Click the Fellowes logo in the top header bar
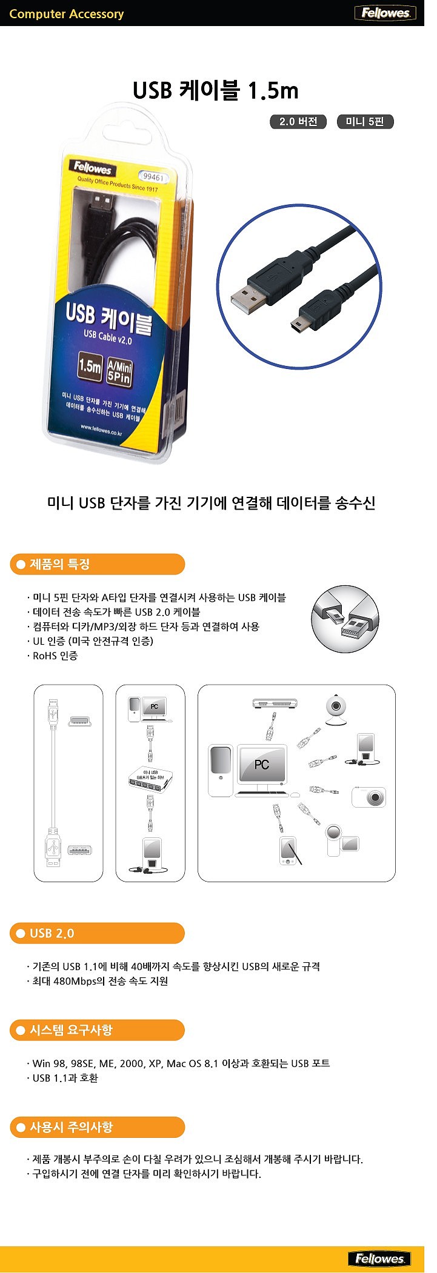coord(385,13)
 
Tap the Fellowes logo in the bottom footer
coord(379,1258)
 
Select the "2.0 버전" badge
coord(298,122)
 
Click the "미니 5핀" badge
coord(365,122)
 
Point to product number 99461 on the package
coord(152,177)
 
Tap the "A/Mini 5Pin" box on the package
coord(119,372)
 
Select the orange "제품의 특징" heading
coord(97,564)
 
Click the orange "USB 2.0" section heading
coord(97,933)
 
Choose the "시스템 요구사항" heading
coord(97,1030)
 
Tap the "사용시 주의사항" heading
coord(97,1128)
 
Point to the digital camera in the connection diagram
coord(369,797)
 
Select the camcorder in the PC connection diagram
coord(341,840)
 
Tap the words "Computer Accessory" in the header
coord(67,14)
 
